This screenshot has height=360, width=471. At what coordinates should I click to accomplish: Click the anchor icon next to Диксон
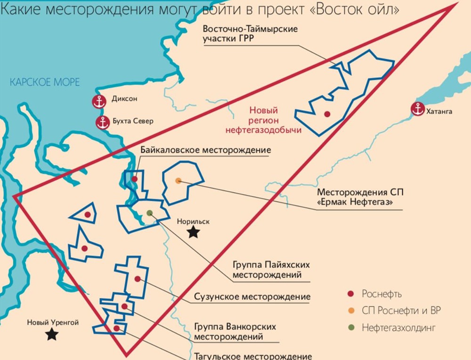(x=99, y=101)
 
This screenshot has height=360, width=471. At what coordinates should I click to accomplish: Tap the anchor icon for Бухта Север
(x=102, y=122)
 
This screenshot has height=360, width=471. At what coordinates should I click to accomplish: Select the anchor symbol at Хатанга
(x=417, y=109)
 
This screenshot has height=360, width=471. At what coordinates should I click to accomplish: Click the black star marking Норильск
(x=193, y=232)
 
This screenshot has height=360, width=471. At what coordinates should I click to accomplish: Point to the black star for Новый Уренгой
(x=52, y=334)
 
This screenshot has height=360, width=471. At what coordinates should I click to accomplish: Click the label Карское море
(x=45, y=82)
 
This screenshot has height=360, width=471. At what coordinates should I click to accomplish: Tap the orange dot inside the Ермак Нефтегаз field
(x=178, y=180)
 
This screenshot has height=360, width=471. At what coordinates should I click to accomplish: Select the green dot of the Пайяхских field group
(x=149, y=213)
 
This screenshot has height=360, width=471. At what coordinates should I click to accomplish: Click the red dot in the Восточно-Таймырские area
(x=326, y=114)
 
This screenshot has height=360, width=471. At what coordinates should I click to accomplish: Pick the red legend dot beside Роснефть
(x=350, y=294)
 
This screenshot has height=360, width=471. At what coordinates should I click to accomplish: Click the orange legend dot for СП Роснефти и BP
(x=350, y=311)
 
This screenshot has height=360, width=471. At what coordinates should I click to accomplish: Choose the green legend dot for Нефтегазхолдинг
(x=350, y=327)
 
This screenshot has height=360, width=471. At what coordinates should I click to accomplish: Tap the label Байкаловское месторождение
(x=206, y=150)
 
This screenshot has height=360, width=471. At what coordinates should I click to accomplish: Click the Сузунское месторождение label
(x=252, y=297)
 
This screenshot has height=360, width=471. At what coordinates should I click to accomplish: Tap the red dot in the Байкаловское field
(x=135, y=179)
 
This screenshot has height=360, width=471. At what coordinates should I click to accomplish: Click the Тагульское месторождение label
(x=252, y=356)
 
